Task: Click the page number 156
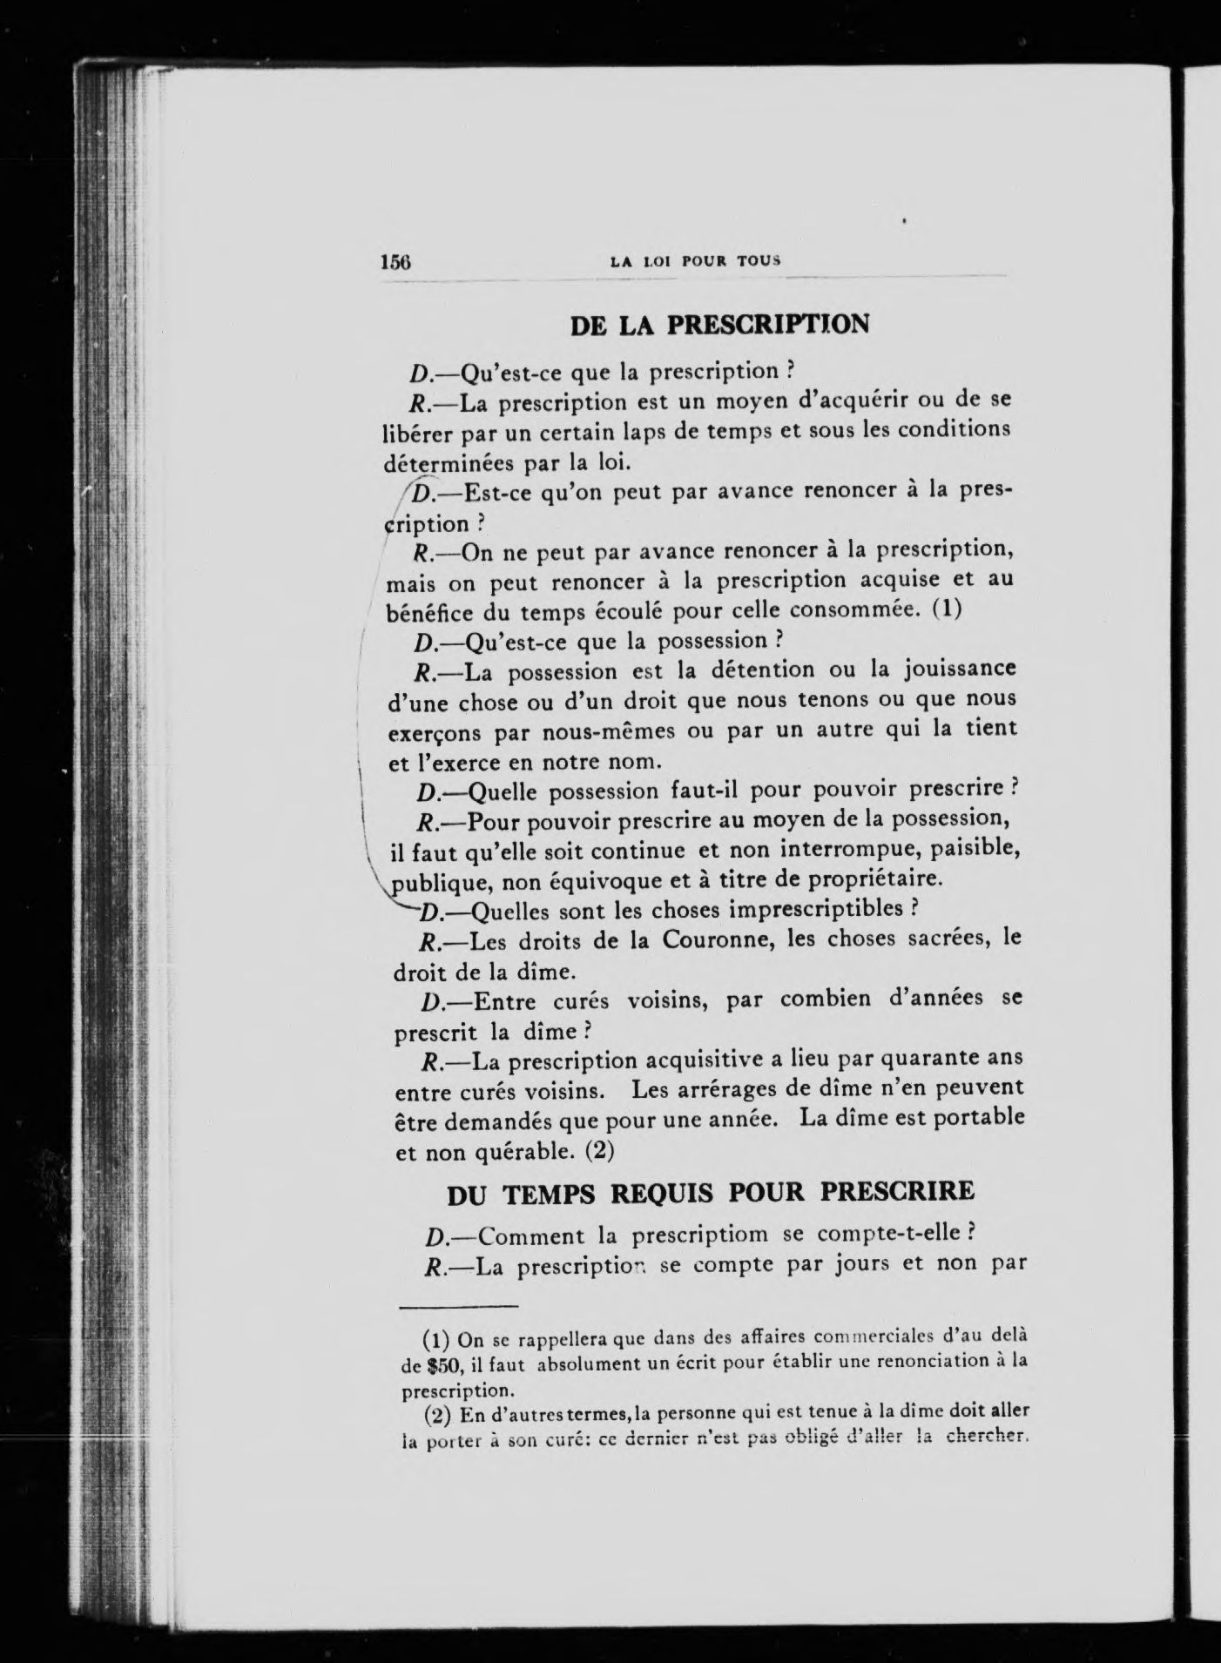point(395,261)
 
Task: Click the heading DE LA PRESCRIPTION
point(719,326)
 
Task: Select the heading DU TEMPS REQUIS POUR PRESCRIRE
point(710,1192)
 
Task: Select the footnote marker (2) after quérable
point(600,1151)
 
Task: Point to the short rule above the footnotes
point(459,1306)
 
